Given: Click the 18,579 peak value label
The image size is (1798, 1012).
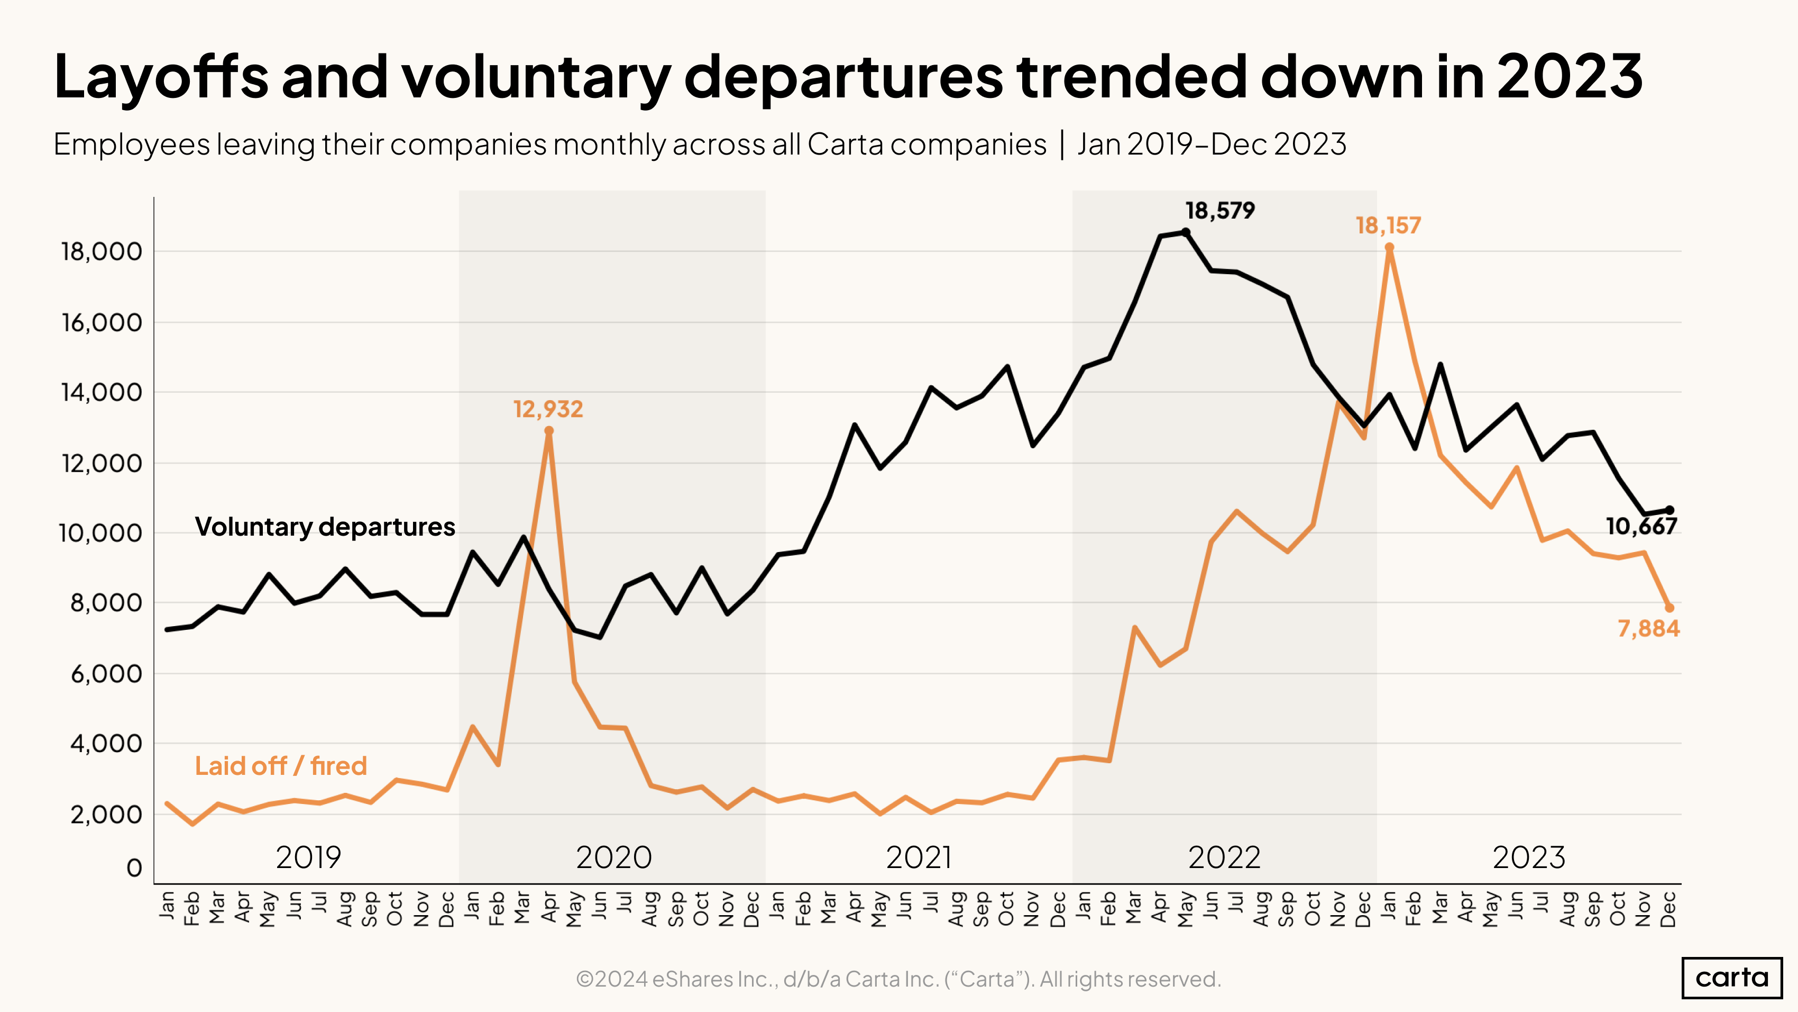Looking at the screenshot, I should coord(1219,210).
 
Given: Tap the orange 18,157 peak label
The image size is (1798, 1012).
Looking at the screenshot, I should coord(1388,225).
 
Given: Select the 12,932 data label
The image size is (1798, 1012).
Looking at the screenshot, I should coord(548,409).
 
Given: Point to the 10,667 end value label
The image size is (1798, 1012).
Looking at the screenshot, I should coord(1641,527).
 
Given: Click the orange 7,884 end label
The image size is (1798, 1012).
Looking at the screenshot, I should coord(1649,629).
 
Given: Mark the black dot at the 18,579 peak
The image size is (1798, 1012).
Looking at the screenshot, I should coord(1186,232).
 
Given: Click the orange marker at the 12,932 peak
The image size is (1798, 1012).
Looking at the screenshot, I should coord(548,431).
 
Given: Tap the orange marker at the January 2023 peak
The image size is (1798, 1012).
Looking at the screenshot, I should coord(1389,247).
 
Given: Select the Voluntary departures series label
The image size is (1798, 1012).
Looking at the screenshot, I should coord(325,527).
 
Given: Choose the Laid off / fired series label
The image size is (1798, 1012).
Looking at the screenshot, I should coord(281,766).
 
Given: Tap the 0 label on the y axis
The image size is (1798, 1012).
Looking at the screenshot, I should coord(134,868).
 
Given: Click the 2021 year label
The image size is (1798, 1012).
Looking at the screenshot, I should coord(919,857).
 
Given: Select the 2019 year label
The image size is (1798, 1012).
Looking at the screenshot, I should coord(308,857).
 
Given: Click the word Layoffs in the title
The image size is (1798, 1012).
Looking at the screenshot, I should coord(161,77).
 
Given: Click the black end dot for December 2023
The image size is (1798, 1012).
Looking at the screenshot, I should coord(1669,510).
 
